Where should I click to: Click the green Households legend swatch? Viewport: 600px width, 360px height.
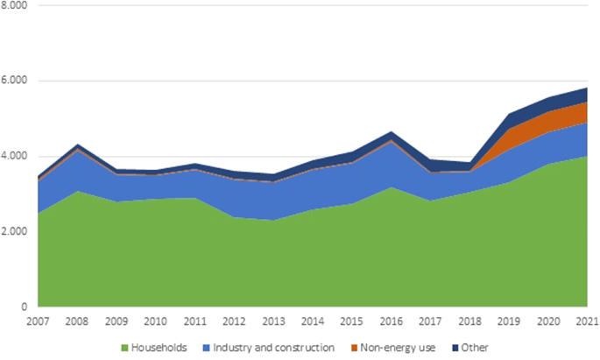click(x=124, y=349)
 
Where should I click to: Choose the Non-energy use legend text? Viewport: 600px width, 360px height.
click(x=401, y=349)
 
